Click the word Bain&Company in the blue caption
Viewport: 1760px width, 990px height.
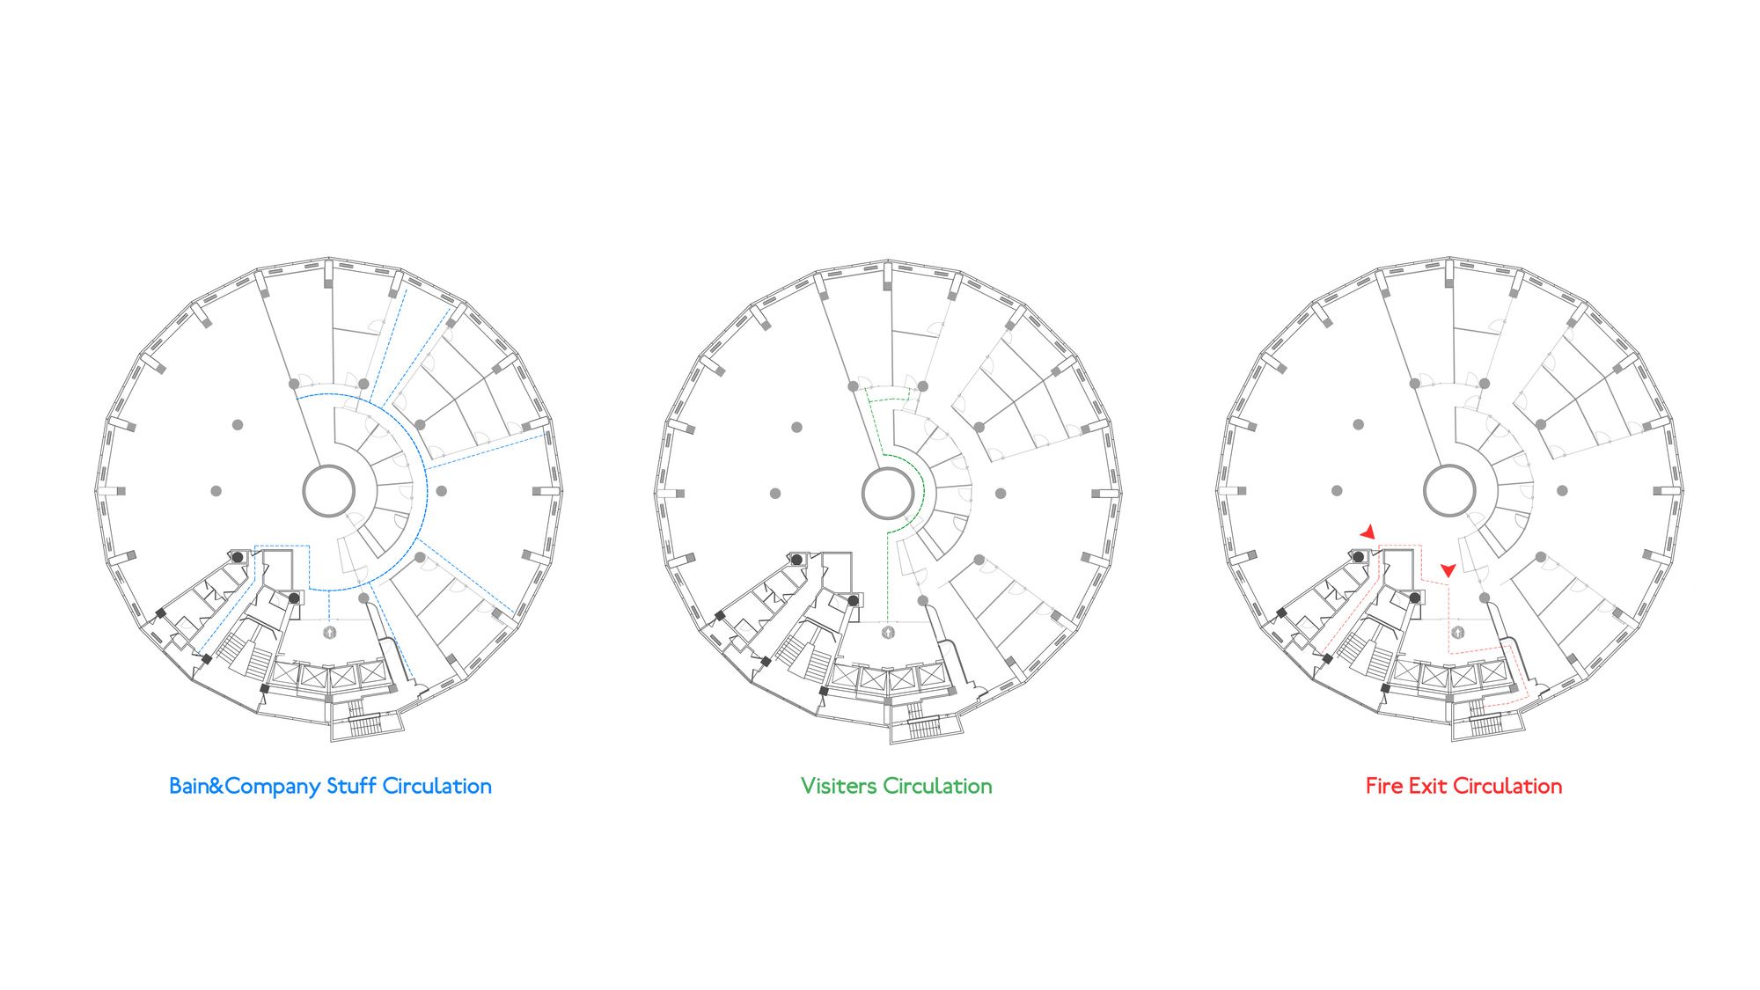(x=245, y=787)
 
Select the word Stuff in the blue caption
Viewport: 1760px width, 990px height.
(x=351, y=786)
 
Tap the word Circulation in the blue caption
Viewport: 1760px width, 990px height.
(x=436, y=786)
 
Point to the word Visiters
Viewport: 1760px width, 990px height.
(x=839, y=786)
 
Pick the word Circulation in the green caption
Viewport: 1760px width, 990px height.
(x=937, y=786)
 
